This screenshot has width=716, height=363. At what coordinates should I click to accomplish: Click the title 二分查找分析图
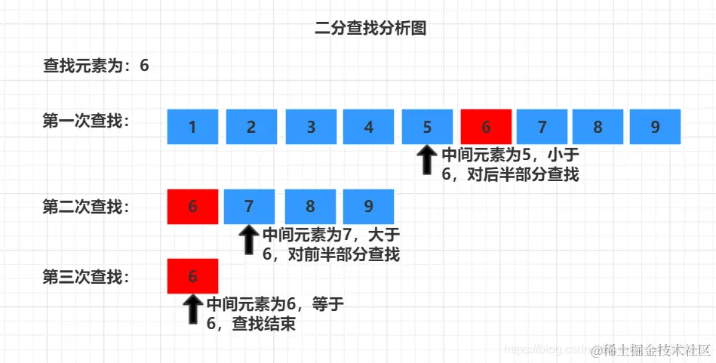click(370, 29)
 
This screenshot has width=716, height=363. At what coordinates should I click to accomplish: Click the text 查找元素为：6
click(96, 66)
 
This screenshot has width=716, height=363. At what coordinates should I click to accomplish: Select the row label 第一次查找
click(86, 121)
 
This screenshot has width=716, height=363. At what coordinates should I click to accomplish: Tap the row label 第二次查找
click(86, 206)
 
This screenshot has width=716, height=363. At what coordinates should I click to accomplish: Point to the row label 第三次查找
click(86, 276)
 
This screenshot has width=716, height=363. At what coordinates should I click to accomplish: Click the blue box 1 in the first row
click(192, 127)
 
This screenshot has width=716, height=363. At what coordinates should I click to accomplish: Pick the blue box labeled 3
click(311, 127)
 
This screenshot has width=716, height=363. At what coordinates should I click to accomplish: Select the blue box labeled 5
click(427, 127)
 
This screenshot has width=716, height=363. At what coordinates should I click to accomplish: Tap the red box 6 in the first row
click(486, 127)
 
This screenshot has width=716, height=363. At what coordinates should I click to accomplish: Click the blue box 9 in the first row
click(655, 127)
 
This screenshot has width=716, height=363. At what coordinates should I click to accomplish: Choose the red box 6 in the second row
click(192, 206)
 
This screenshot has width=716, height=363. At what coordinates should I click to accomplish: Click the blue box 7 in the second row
click(250, 206)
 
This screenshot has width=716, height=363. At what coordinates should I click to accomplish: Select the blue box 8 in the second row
click(310, 206)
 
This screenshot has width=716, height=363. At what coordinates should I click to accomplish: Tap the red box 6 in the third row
click(192, 276)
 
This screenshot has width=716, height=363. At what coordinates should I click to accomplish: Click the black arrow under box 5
click(427, 161)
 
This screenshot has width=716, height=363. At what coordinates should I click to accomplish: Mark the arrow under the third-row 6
click(192, 309)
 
